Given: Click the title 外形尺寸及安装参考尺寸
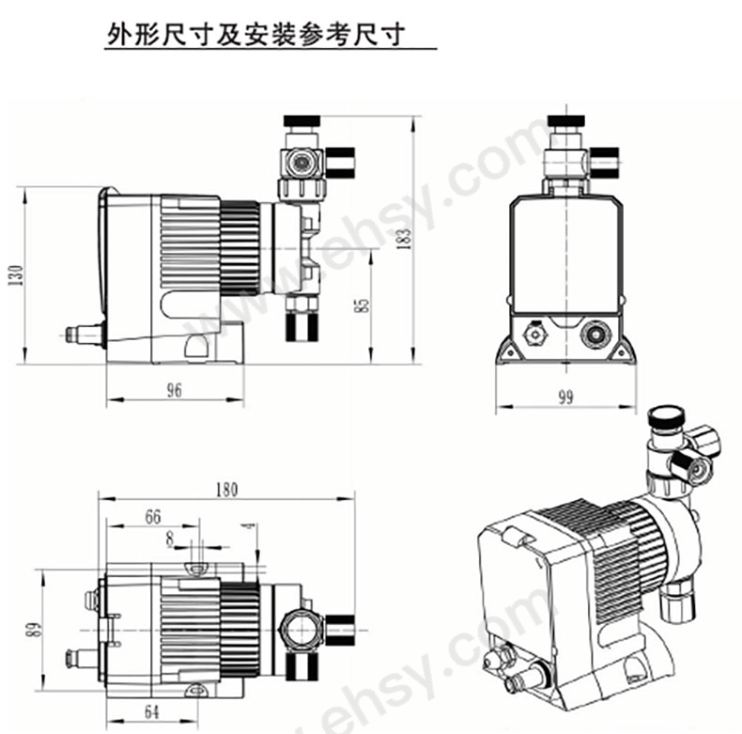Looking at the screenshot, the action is point(256,34).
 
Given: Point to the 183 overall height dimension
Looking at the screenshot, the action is point(405,239).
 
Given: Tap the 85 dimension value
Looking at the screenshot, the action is point(362,305).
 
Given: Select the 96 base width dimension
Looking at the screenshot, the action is point(174,390).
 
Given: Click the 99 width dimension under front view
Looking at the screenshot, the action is point(565,398).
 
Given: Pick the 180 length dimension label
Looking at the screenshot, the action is point(226,490).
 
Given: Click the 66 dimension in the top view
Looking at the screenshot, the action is point(152,517).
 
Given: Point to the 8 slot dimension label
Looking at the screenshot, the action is point(169,539).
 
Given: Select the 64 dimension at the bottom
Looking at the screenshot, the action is point(151,711).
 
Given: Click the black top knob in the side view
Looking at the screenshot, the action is point(301,120).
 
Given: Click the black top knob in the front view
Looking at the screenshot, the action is point(565,120).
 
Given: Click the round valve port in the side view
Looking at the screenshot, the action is point(299,163).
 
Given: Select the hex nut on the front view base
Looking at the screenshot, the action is point(534,334).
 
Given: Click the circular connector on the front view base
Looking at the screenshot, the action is point(595,335).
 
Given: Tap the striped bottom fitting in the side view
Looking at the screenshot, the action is point(301,327).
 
